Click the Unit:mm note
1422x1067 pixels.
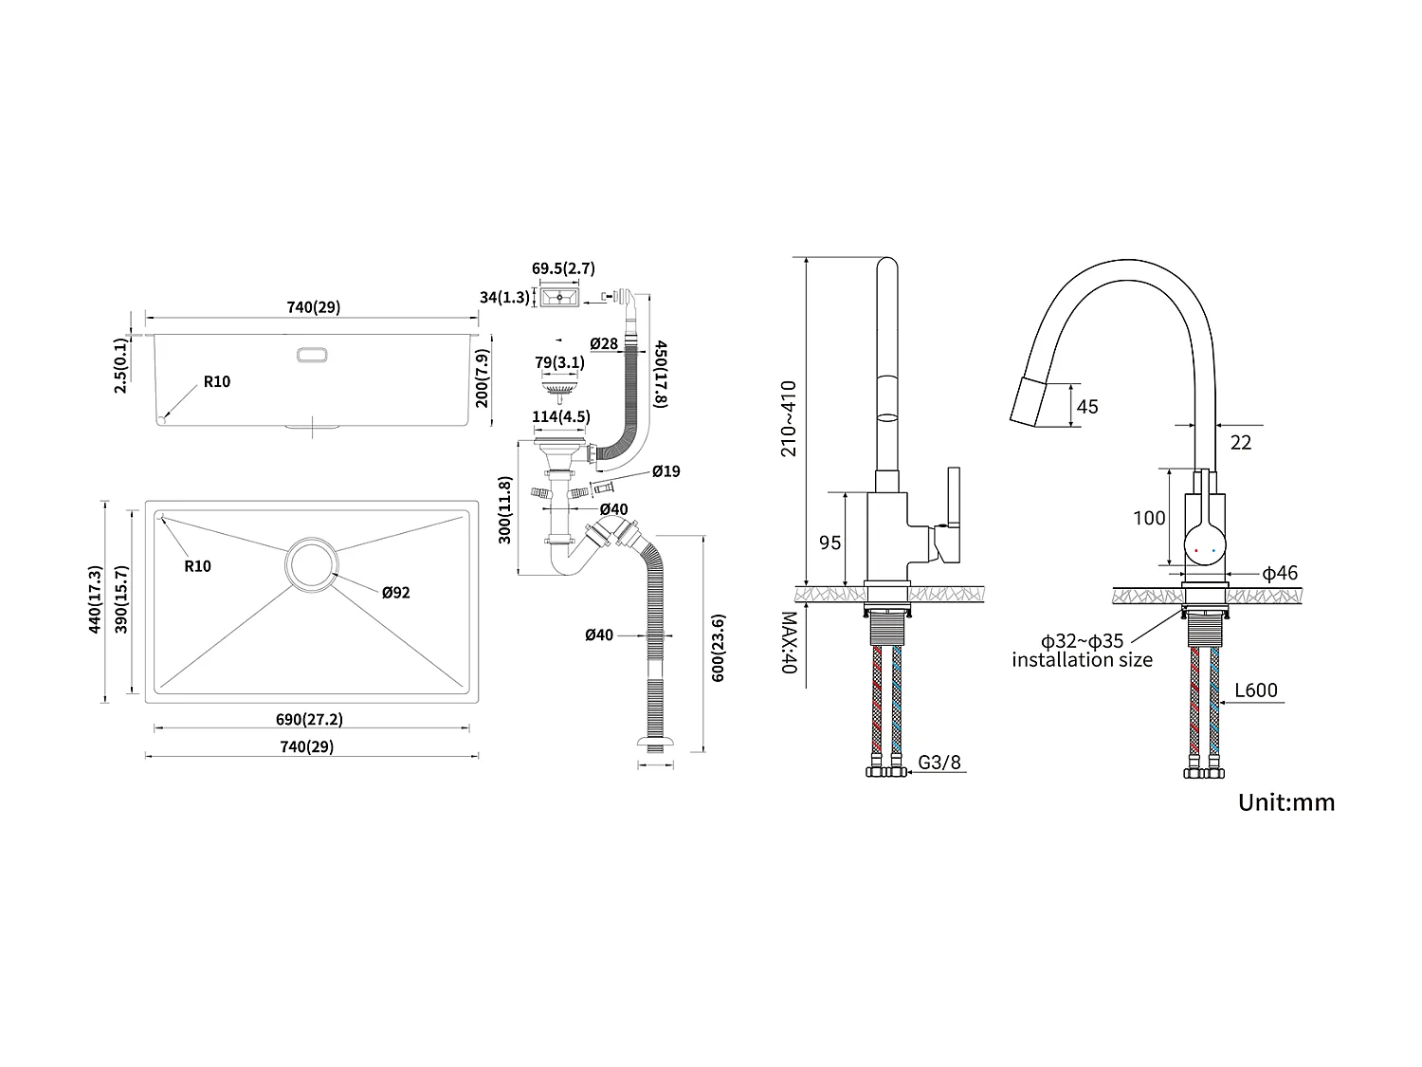[x=1285, y=802]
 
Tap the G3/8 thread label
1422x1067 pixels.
[x=939, y=762]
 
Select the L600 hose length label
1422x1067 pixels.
[x=1256, y=690]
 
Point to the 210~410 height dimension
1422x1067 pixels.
[x=789, y=418]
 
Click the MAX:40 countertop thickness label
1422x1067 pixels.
[x=789, y=642]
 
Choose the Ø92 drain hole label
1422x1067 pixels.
[x=395, y=593]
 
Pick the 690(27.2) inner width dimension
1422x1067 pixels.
[x=311, y=719]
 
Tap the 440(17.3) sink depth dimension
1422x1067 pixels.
[x=95, y=599]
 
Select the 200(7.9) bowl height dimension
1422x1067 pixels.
[x=483, y=378]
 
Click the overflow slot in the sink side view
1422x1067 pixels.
[x=312, y=355]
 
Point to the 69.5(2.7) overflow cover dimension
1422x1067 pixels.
[x=563, y=268]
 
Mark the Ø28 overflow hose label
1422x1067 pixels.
[x=603, y=343]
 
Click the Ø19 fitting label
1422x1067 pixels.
[x=665, y=471]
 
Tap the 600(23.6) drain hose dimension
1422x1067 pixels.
[x=718, y=649]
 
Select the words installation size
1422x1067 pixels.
[x=1082, y=660]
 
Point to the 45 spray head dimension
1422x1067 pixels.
[x=1087, y=406]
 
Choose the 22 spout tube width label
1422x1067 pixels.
[x=1241, y=442]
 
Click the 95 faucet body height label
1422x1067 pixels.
[x=829, y=543]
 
